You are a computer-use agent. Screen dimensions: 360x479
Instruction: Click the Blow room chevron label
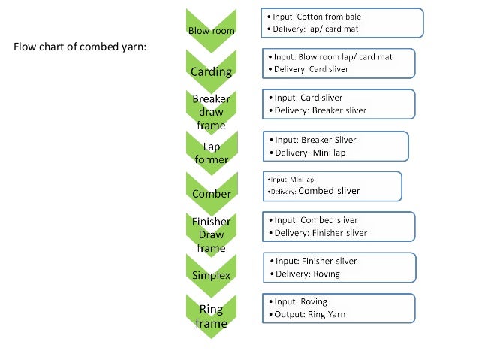211,31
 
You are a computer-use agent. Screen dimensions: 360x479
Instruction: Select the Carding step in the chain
211,72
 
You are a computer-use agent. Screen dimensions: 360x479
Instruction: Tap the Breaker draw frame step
211,112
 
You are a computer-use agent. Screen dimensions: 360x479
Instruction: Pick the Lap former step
211,153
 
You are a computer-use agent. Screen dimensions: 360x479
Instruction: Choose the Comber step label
211,194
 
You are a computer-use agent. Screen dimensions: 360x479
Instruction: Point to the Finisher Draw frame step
211,234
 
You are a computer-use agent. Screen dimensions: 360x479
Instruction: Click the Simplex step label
211,275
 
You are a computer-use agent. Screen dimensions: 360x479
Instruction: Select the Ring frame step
211,316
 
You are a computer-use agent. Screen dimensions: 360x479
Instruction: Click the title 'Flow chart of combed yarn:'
80,47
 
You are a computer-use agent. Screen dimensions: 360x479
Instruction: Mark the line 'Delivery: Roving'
307,274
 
